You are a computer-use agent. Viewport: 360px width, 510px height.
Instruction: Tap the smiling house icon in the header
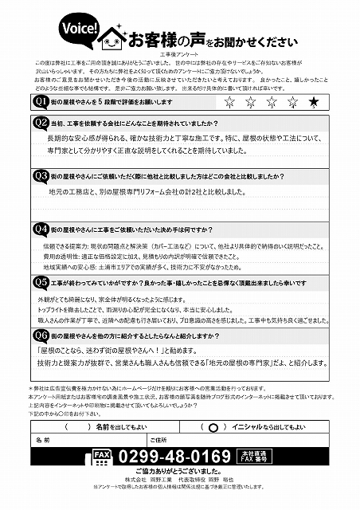tap(112, 37)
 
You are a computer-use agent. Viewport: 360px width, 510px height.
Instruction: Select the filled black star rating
tap(314, 101)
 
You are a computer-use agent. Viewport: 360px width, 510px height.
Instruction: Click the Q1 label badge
tap(40, 102)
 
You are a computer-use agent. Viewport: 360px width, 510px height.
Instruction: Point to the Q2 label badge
tap(40, 123)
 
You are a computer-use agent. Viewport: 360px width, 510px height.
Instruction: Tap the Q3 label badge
tap(40, 175)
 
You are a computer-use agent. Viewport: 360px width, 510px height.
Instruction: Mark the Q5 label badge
tap(40, 282)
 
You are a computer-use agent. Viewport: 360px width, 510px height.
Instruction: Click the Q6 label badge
tap(40, 335)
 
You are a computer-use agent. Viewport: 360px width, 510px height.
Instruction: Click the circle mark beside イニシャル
tap(213, 427)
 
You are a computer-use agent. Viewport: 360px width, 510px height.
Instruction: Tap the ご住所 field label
tap(158, 440)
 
